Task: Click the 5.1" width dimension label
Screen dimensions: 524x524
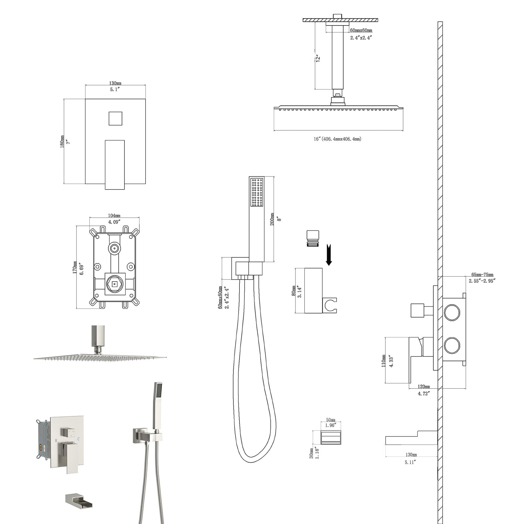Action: [115, 90]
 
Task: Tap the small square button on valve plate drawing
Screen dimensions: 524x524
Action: [115, 118]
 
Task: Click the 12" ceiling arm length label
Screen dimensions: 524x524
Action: [318, 58]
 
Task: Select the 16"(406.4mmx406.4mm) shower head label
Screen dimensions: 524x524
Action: [337, 139]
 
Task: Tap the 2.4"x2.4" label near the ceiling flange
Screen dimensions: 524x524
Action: [361, 38]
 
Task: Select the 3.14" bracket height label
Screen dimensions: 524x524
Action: [300, 292]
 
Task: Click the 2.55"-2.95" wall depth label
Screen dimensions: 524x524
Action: [482, 281]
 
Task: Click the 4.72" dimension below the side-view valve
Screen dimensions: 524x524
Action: [424, 393]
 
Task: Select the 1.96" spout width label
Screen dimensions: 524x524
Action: [331, 425]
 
